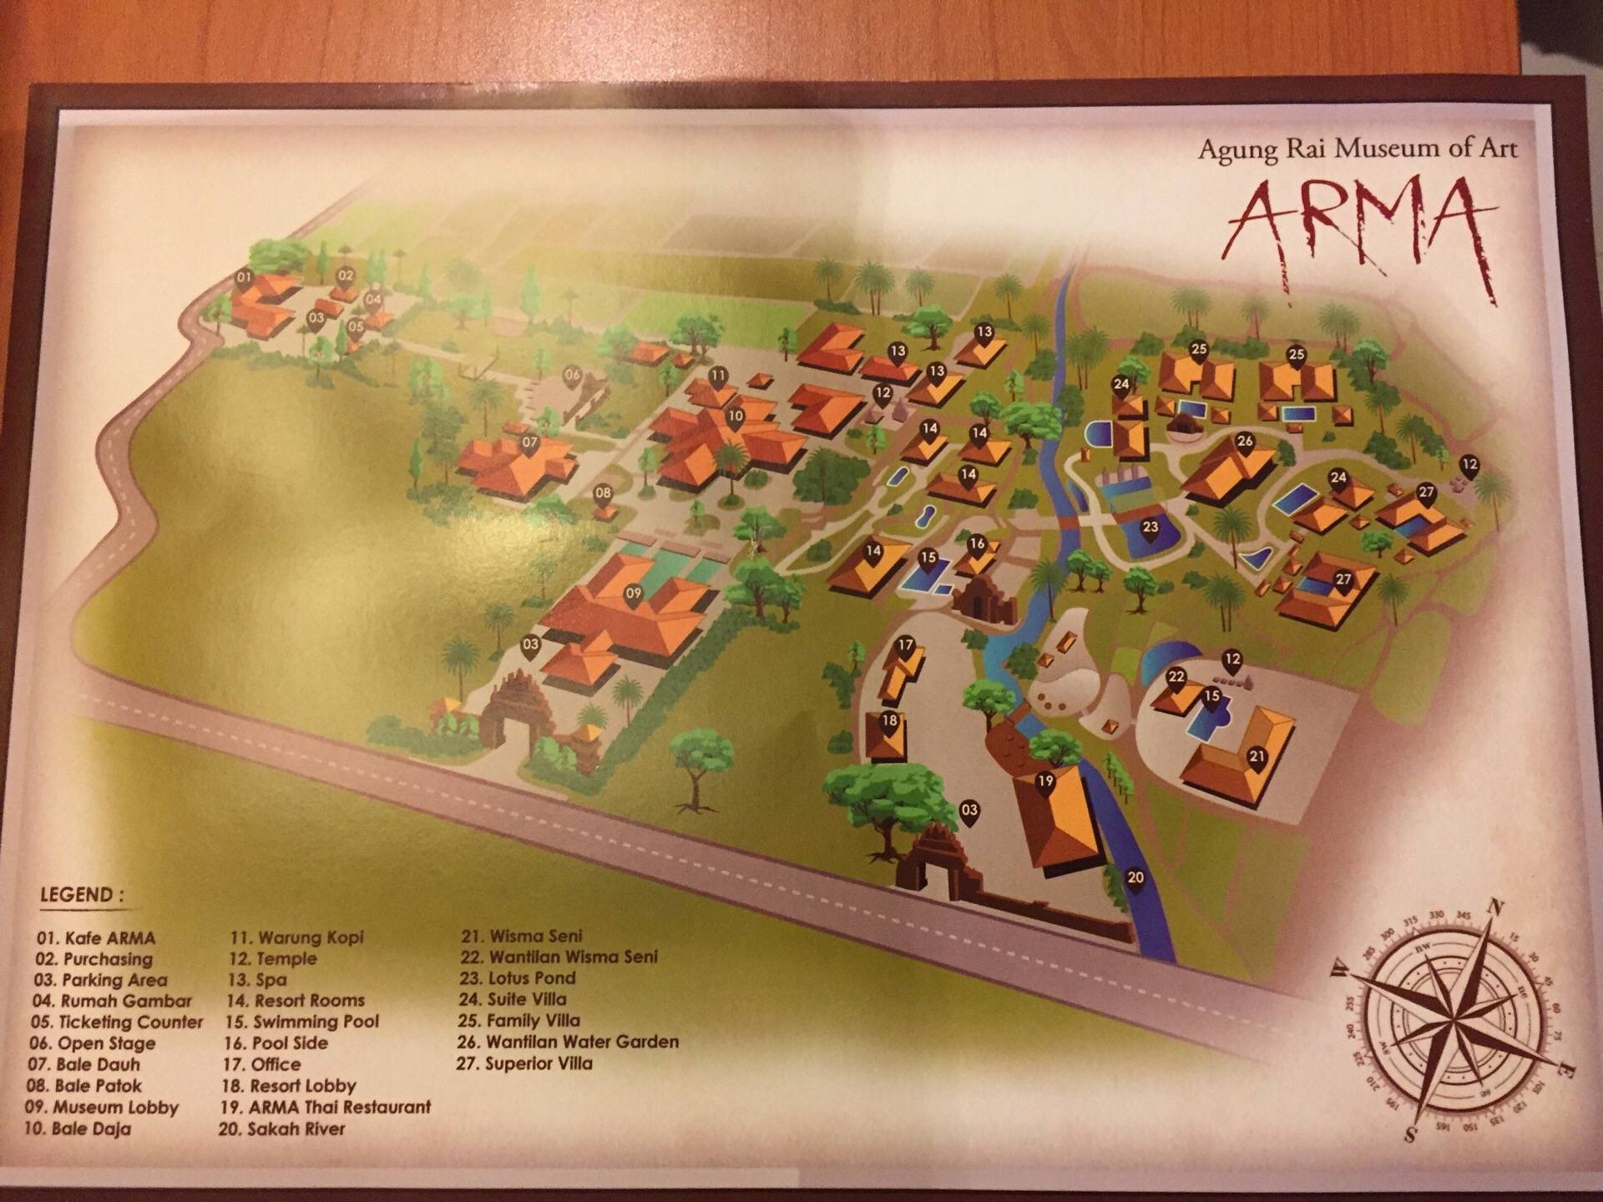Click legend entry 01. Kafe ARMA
pos(95,938)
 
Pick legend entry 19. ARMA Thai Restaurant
pos(326,1108)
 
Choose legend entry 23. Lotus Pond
pos(518,977)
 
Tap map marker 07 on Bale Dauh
pos(529,443)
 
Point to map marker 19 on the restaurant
pos(1045,783)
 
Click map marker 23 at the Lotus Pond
pos(1150,528)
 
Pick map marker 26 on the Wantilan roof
pos(1245,442)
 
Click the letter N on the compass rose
pos(1497,907)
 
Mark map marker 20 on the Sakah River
pos(1135,878)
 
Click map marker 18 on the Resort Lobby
pos(890,722)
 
